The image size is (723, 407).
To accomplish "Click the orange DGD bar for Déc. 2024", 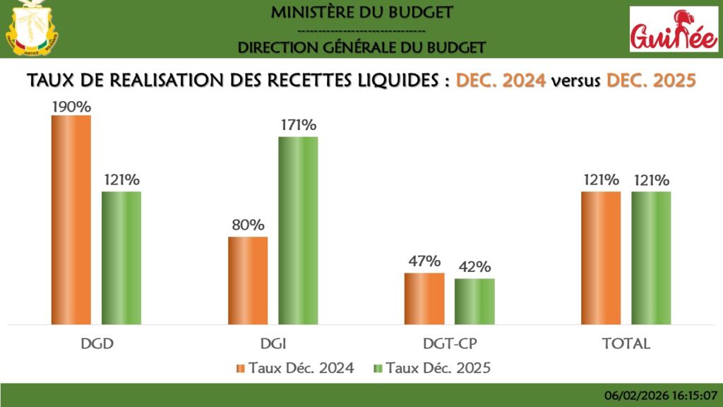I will pos(71,219).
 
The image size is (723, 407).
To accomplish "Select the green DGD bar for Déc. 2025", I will pos(121,258).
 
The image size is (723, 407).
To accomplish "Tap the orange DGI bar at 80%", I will pos(248,281).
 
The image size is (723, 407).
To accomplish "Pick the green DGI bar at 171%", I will pos(298,230).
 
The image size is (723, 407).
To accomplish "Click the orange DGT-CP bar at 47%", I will pos(424,298).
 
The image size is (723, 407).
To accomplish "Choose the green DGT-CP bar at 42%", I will pos(474,301).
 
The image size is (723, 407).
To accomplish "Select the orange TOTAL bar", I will pos(601,258).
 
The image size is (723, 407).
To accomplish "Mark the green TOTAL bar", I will pos(651,258).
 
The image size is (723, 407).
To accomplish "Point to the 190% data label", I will pos(71,106).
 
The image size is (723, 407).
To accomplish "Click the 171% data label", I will pos(298,126).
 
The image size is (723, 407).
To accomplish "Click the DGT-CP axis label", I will pos(449,344).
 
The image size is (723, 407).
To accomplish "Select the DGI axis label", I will pos(273,344).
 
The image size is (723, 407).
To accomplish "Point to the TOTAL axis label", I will pos(626,344).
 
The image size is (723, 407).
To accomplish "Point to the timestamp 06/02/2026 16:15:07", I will pos(661,394).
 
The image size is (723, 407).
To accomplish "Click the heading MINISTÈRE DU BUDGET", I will pos(361,12).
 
